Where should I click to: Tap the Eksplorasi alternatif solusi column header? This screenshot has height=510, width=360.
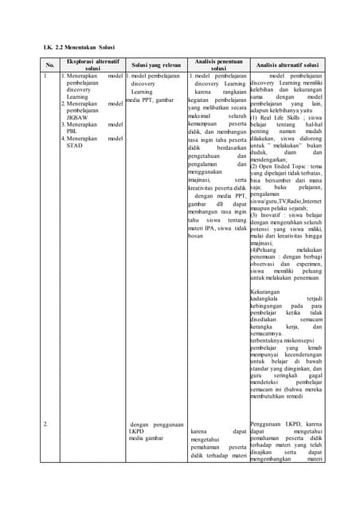(92, 65)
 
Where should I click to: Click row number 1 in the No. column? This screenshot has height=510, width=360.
(46, 76)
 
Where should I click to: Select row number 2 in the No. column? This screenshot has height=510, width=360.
(46, 424)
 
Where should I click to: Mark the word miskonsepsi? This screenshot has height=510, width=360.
(299, 340)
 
